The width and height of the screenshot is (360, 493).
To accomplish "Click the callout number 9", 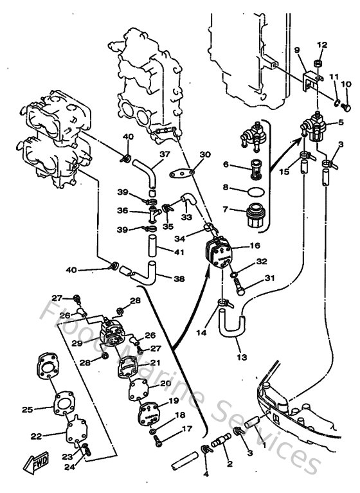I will (x=297, y=50).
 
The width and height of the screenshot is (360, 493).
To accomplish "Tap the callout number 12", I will (x=322, y=45).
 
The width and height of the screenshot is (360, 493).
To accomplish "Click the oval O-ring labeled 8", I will (x=256, y=191).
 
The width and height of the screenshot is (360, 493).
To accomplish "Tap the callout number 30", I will (x=205, y=154).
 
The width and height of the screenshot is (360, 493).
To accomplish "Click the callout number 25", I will (x=27, y=409).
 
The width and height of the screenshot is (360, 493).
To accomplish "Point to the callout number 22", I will (x=36, y=436).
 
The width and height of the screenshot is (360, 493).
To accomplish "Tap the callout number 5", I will (x=341, y=121).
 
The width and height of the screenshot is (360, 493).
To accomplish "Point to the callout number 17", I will (x=187, y=429).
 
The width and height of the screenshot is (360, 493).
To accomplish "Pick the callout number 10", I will (x=346, y=84).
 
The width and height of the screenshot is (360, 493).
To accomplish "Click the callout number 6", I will (x=225, y=165).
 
